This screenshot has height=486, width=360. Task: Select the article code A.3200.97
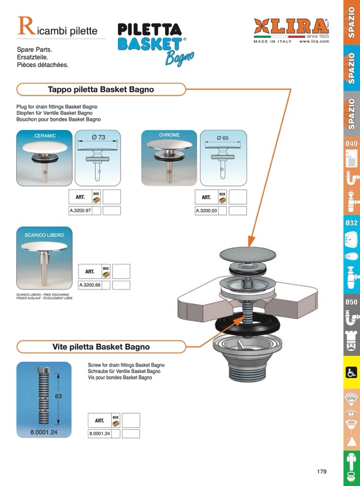pos(79,210)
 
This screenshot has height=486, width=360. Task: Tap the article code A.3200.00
pos(206,210)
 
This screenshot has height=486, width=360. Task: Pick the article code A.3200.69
pos(90,285)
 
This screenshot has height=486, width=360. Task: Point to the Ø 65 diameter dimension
pos(223,138)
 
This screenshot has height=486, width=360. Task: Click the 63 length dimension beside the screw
pos(58,396)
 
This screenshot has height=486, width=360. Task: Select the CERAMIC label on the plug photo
pos(45,136)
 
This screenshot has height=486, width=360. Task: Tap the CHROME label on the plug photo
pos(169,135)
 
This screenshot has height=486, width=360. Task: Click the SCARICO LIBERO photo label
pos(45,235)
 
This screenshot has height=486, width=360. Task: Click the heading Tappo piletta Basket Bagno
pos(101,90)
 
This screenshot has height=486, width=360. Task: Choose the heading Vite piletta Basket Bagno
pos(101,347)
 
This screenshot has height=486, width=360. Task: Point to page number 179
pos(322,471)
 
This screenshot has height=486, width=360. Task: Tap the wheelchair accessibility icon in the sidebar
pos(350,372)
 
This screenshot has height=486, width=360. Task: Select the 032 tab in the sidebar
pos(351,223)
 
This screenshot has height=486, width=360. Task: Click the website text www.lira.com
pos(314,42)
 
